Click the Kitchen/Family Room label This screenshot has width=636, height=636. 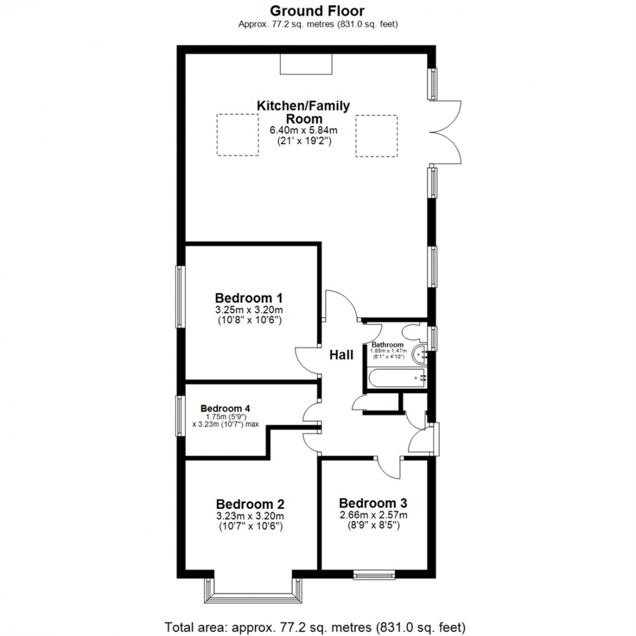[303, 112]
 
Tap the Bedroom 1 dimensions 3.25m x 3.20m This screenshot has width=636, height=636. [252, 310]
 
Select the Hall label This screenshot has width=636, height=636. [341, 354]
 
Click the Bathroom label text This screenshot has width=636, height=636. [387, 345]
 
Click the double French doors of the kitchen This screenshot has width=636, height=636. [445, 132]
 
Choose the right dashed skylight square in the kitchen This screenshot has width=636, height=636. [376, 135]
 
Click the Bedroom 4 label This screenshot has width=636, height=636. [225, 408]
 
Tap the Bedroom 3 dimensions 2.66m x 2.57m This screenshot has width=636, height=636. [373, 515]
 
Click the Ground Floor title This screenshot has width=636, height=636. [317, 10]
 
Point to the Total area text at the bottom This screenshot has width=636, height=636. [315, 627]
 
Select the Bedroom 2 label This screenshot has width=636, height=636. [250, 504]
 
